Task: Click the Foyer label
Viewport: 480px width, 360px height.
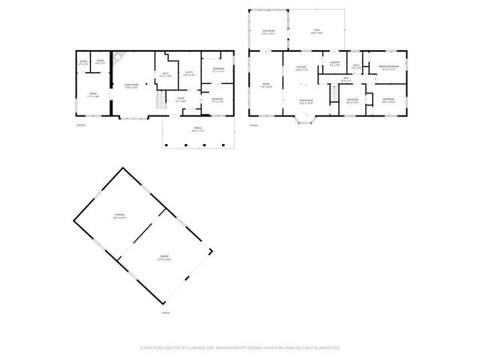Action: point(181,99)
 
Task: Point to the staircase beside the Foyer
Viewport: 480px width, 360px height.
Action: point(160,103)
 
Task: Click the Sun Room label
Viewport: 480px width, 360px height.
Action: point(268,31)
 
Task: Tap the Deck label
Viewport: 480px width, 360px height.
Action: point(317,31)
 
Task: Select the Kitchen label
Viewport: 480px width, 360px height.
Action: point(301,68)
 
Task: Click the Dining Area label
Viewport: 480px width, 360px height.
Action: point(305,100)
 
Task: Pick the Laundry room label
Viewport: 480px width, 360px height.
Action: point(334,63)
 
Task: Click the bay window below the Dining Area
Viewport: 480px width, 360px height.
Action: point(305,119)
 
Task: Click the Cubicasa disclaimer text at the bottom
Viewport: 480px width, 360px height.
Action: point(240,348)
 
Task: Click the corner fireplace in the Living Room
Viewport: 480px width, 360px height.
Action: point(116,57)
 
